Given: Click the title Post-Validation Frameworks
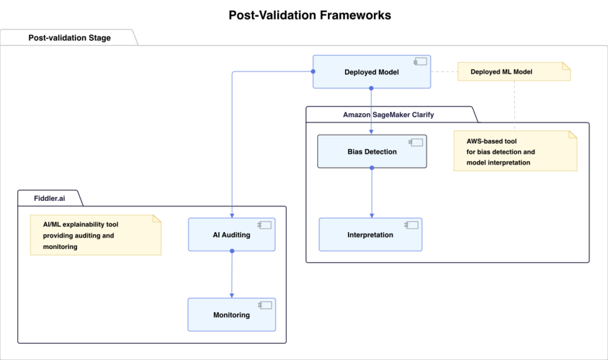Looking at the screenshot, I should (x=309, y=15).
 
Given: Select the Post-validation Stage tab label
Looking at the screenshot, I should (x=69, y=38).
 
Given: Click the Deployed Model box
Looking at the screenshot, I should (x=371, y=72).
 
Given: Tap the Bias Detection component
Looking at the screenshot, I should (x=372, y=151).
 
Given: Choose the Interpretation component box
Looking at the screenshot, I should (x=370, y=235).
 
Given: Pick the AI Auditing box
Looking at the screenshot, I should (x=232, y=235).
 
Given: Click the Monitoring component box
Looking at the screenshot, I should (x=232, y=315).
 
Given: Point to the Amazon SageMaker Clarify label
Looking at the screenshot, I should (x=388, y=115).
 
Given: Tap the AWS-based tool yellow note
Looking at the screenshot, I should (x=515, y=152).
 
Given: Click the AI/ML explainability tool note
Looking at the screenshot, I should (x=95, y=236).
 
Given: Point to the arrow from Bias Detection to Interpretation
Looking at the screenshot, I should (x=372, y=193).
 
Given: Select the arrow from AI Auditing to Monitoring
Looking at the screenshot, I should (x=232, y=274).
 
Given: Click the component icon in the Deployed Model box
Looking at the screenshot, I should (x=421, y=61).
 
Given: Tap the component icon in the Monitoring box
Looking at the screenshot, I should (x=264, y=305).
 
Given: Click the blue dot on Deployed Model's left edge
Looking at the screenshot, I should (x=313, y=72).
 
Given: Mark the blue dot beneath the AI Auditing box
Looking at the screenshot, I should (x=232, y=251).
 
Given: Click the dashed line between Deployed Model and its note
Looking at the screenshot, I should (x=444, y=72).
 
